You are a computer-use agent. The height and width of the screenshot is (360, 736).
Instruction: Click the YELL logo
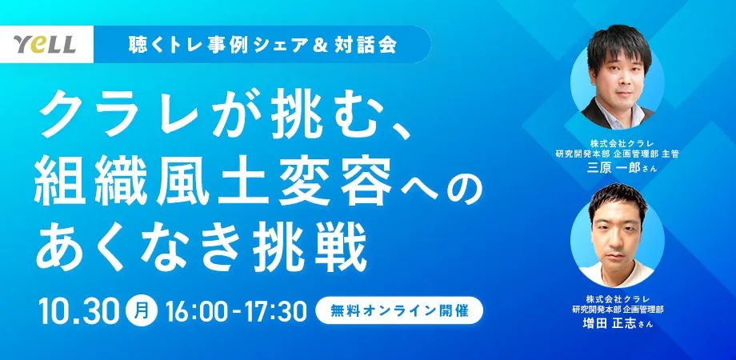coord(45,44)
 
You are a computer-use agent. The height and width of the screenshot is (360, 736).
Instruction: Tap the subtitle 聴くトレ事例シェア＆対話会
coord(263,45)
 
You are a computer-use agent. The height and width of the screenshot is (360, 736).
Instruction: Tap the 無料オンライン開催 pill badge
coord(399,310)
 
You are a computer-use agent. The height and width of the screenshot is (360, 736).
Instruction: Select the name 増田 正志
coord(608,323)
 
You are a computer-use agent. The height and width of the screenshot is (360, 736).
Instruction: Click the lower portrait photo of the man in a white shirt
coord(617,234)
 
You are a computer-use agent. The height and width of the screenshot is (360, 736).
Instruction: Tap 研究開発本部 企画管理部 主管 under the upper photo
coord(617,154)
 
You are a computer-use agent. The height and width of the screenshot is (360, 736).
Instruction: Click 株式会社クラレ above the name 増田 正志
coord(617,298)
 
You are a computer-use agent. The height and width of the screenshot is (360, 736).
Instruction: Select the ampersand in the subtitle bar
coord(320,45)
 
